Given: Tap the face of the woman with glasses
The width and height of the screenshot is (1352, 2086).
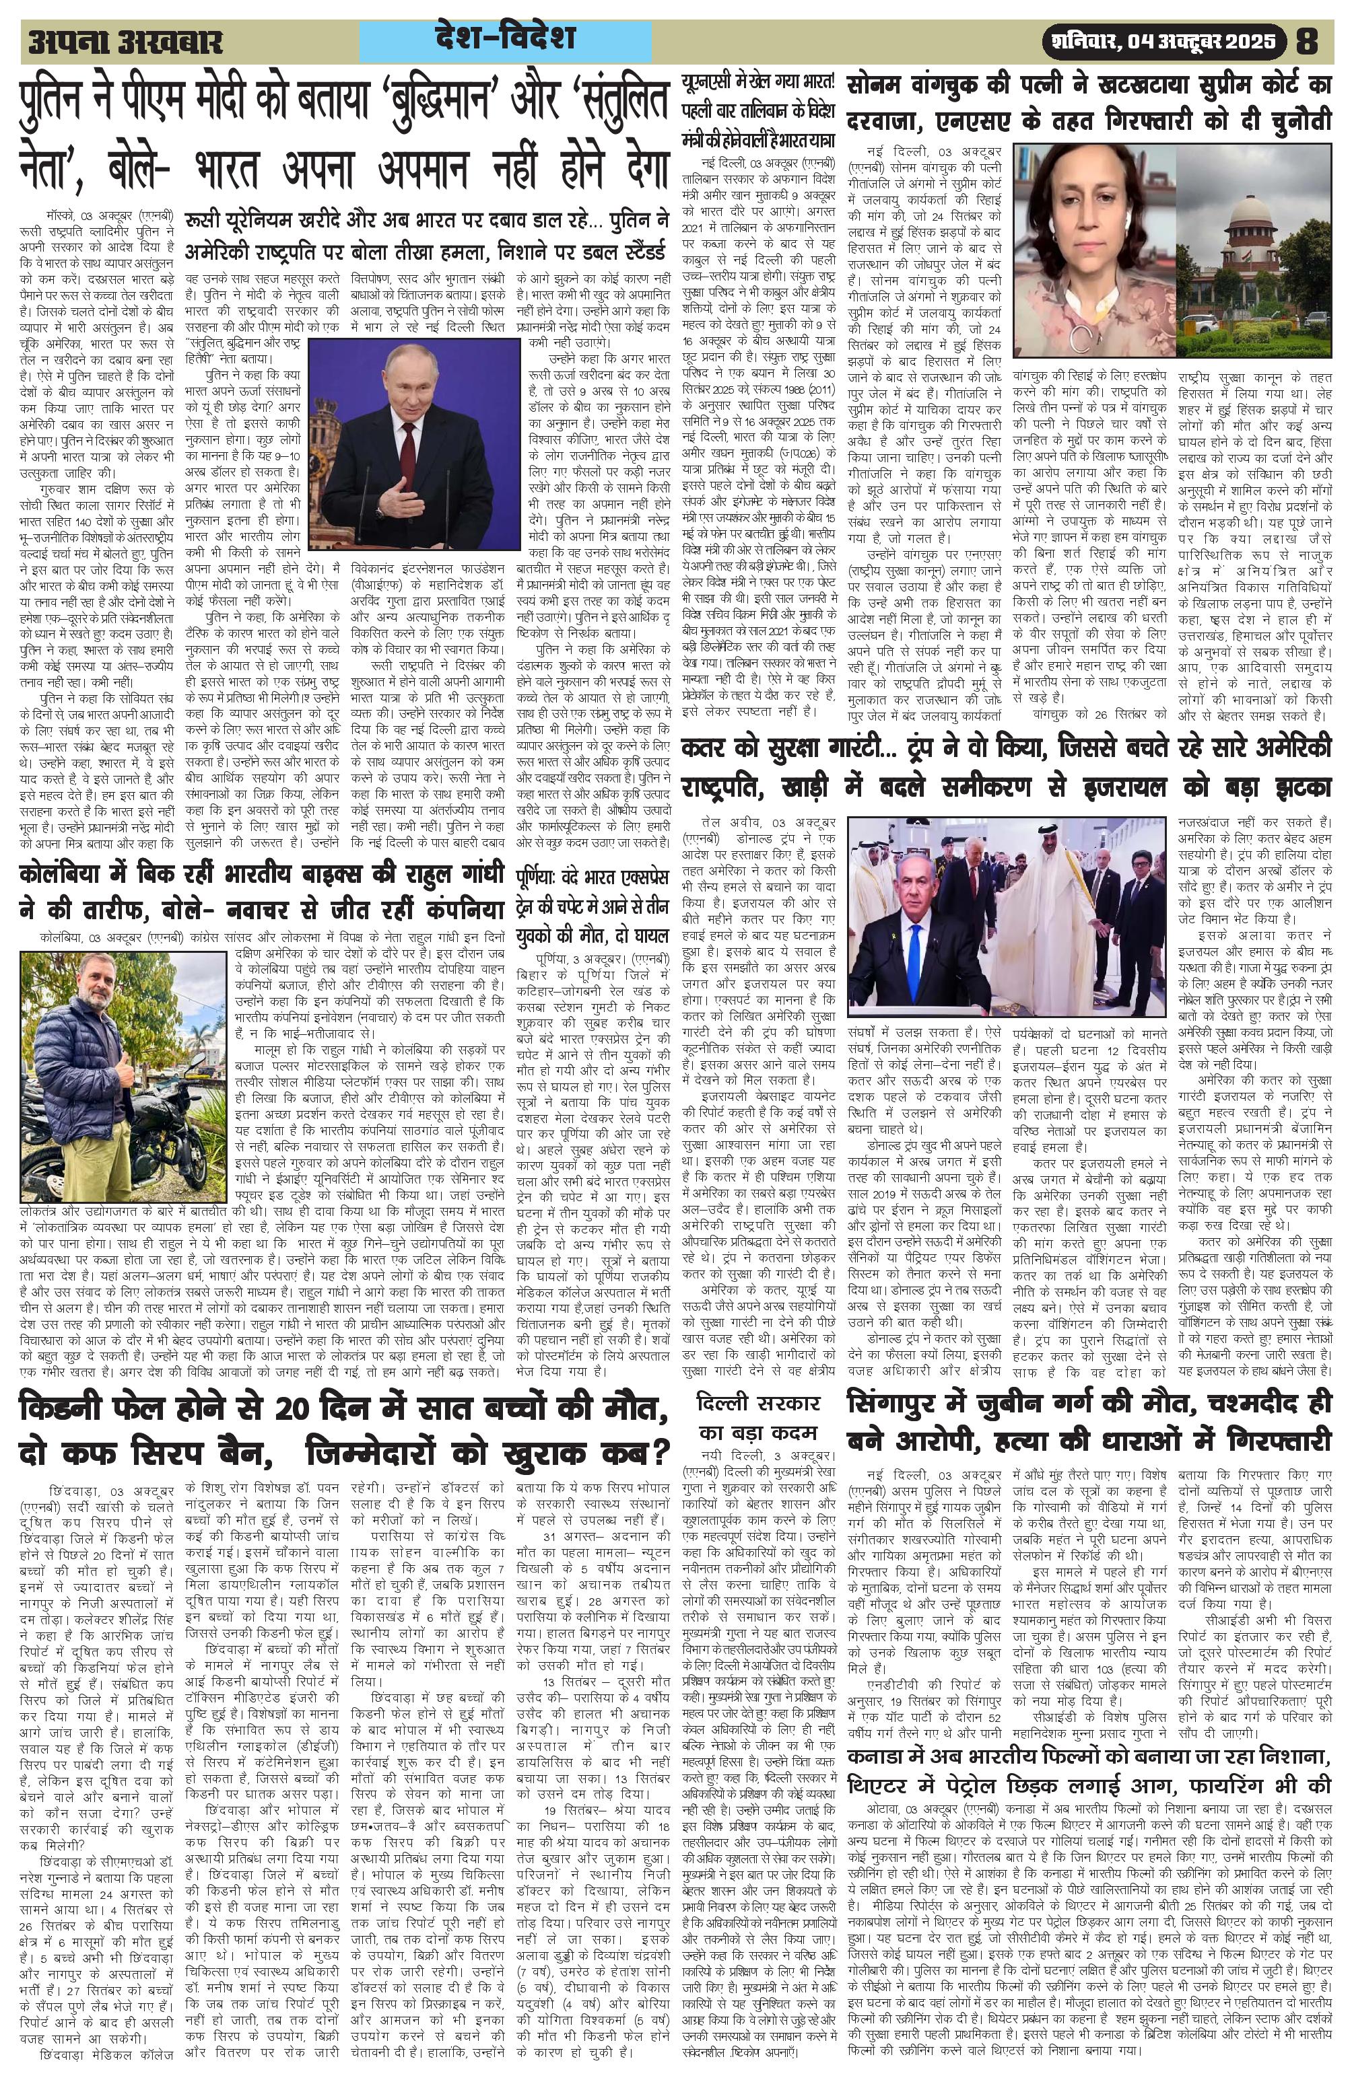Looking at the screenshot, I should [1087, 215].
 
